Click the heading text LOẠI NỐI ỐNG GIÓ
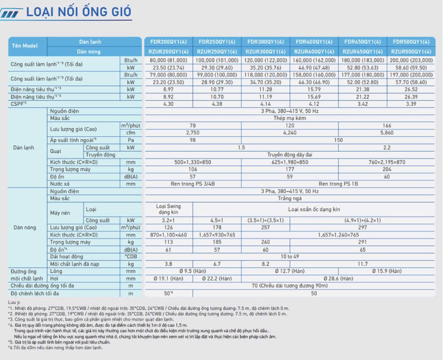click(79, 12)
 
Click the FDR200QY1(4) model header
click(169, 42)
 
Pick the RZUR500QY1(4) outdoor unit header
click(411, 51)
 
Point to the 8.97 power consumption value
click(168, 90)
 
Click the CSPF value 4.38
click(217, 104)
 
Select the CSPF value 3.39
click(411, 104)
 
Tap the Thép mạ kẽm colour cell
click(289, 119)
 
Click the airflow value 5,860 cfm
click(387, 133)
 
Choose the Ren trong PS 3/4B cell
click(192, 184)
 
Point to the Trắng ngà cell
click(289, 198)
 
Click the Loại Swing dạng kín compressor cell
click(168, 209)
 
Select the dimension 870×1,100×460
click(168, 235)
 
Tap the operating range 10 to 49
click(289, 257)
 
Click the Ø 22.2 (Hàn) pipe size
click(217, 278)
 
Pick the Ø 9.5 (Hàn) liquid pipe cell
click(192, 271)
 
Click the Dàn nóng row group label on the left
click(25, 228)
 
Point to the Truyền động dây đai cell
click(289, 155)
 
